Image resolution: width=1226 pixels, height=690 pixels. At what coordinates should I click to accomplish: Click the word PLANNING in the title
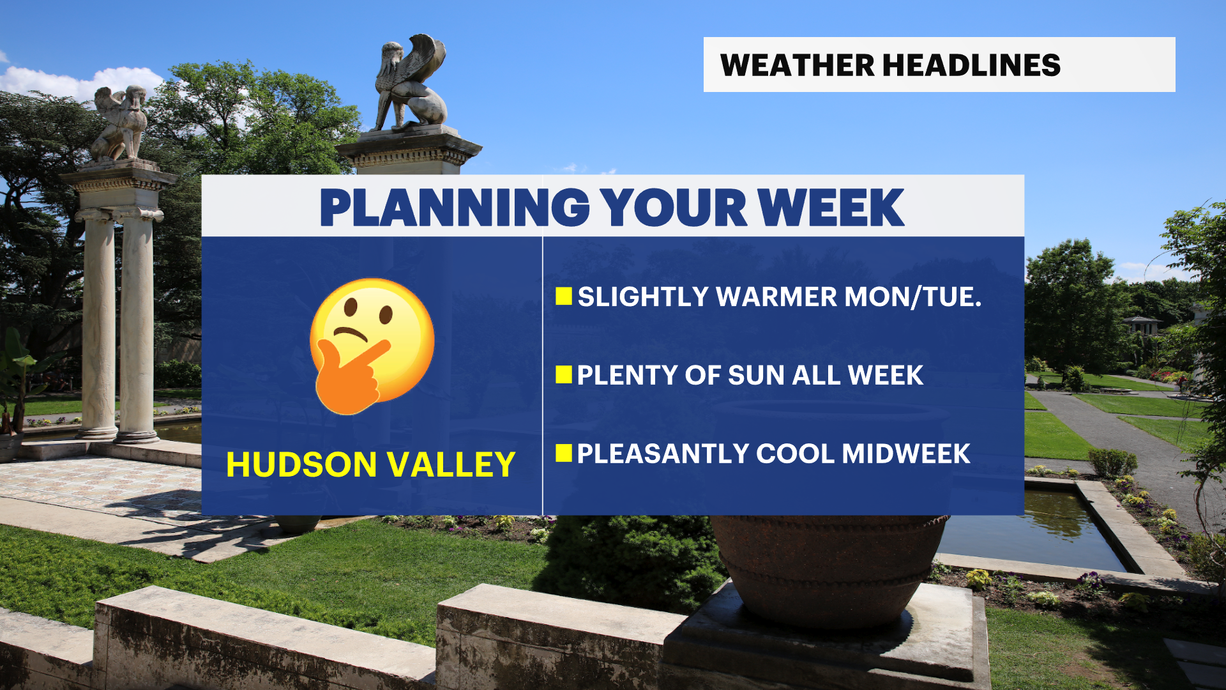click(x=455, y=208)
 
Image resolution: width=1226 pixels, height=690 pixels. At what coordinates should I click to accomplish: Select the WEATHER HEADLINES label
click(x=890, y=65)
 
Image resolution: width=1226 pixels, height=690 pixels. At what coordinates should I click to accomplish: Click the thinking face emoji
click(x=372, y=346)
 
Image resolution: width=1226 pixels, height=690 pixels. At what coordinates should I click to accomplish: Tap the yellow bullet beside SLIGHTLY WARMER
click(x=564, y=296)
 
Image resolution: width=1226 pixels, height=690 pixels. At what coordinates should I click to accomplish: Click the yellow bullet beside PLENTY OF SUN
click(x=564, y=374)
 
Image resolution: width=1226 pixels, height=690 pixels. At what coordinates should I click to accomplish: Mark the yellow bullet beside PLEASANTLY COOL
click(x=564, y=453)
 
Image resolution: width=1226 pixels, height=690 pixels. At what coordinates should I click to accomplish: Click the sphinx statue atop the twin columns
click(x=120, y=123)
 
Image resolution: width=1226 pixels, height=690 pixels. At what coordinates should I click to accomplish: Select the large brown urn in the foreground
click(x=829, y=569)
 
